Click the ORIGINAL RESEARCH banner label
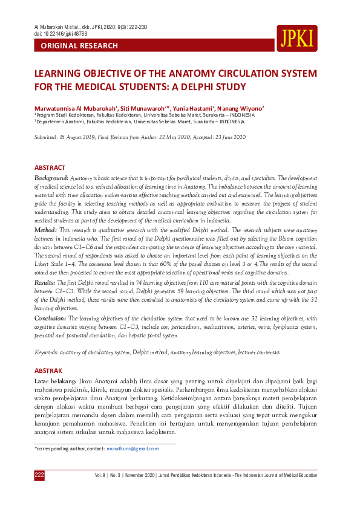(x=79, y=46)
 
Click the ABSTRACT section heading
(x=50, y=167)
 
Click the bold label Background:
(x=51, y=179)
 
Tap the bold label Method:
(x=45, y=230)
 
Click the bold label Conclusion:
(x=50, y=317)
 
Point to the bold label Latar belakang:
(x=55, y=383)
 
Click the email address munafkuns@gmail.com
(x=133, y=449)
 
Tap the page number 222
(x=39, y=475)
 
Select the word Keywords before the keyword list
(x=47, y=352)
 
